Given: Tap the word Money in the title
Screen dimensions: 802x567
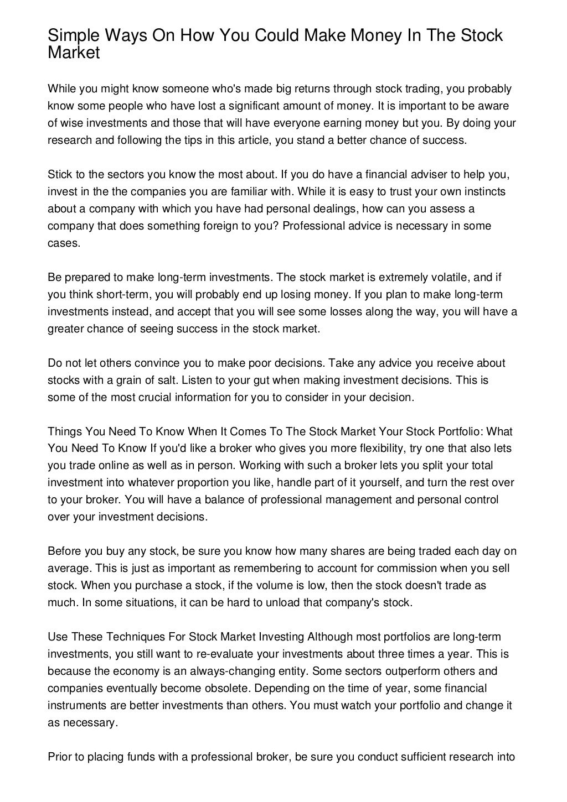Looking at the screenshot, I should click(x=373, y=36).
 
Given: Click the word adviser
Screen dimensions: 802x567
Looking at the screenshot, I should click(x=426, y=175).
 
